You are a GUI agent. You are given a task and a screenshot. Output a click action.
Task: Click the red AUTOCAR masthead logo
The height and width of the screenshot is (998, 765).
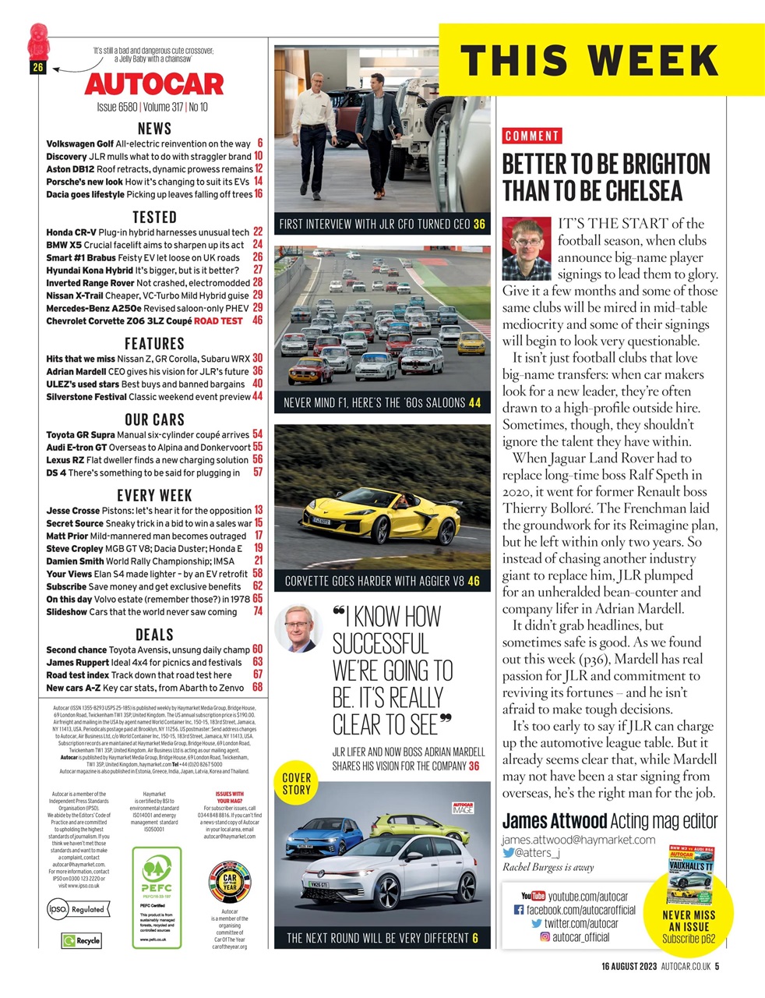pos(154,84)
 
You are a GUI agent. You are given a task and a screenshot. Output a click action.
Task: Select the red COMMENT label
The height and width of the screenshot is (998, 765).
pos(532,136)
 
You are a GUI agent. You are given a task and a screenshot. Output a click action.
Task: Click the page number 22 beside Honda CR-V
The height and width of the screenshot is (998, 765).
pos(258,232)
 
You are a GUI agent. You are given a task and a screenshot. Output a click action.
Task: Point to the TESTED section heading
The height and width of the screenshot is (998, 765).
pos(154,217)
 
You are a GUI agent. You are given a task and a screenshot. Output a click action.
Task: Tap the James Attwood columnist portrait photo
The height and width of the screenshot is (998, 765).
pos(527,248)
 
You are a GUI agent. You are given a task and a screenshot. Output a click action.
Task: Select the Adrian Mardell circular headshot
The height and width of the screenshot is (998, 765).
pos(299,628)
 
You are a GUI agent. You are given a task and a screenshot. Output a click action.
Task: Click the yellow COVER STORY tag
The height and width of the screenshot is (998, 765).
pos(296,784)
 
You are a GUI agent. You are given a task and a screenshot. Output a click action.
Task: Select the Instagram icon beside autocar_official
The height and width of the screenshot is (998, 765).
pos(545,937)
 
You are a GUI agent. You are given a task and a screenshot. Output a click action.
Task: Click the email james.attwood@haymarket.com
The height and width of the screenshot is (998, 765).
pos(578,840)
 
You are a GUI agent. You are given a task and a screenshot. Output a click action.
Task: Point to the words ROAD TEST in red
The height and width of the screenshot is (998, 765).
pos(218,320)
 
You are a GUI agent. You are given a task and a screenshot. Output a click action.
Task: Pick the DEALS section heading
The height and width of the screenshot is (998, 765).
pos(154,634)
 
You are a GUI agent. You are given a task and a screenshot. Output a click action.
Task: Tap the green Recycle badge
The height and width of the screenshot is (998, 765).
pos(82,940)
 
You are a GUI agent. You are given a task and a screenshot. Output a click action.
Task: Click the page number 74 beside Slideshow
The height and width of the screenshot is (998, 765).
pos(258,612)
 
